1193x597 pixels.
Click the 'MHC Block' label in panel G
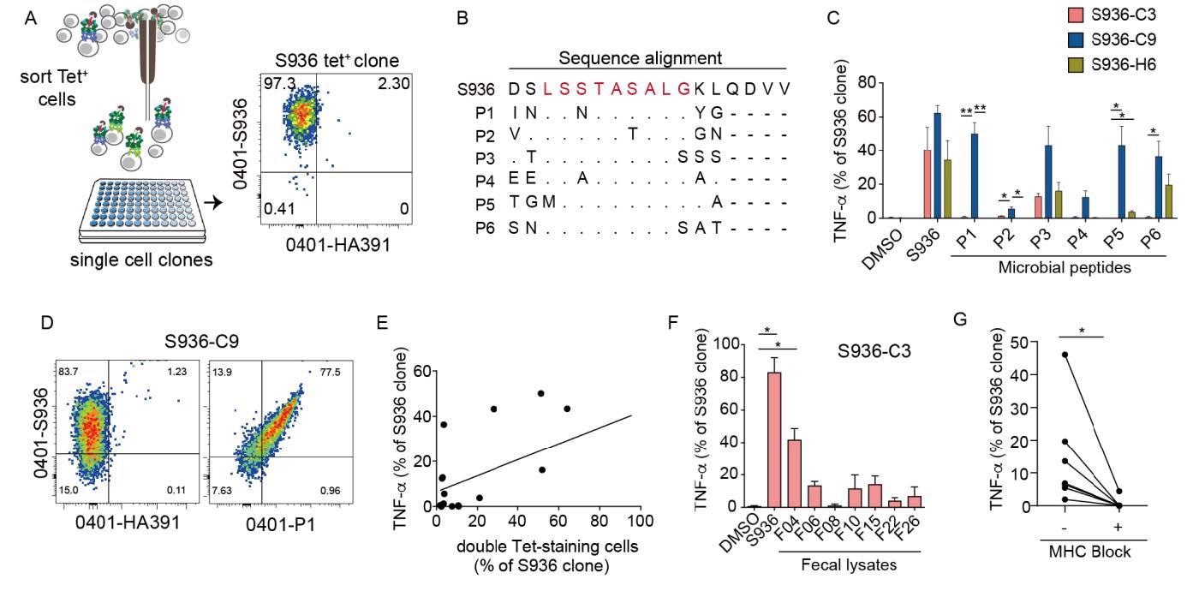coord(1089,551)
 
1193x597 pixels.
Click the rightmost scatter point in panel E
coord(567,408)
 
